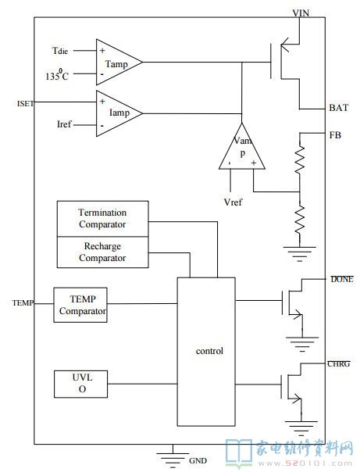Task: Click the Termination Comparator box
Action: [102, 219]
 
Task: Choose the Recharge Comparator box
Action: [102, 252]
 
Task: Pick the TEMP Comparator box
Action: [80, 305]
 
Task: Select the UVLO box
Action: [80, 384]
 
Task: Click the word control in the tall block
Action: [209, 351]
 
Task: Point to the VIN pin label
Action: [301, 13]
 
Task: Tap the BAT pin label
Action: [339, 108]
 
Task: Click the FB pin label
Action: [335, 135]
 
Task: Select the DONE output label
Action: [342, 279]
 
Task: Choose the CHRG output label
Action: [339, 363]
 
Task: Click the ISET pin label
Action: [26, 104]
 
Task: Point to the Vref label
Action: [233, 202]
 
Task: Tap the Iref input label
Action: [64, 124]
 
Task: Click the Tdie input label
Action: [60, 51]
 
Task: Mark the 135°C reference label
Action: [57, 74]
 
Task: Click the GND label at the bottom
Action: [198, 460]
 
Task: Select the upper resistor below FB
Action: [300, 159]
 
